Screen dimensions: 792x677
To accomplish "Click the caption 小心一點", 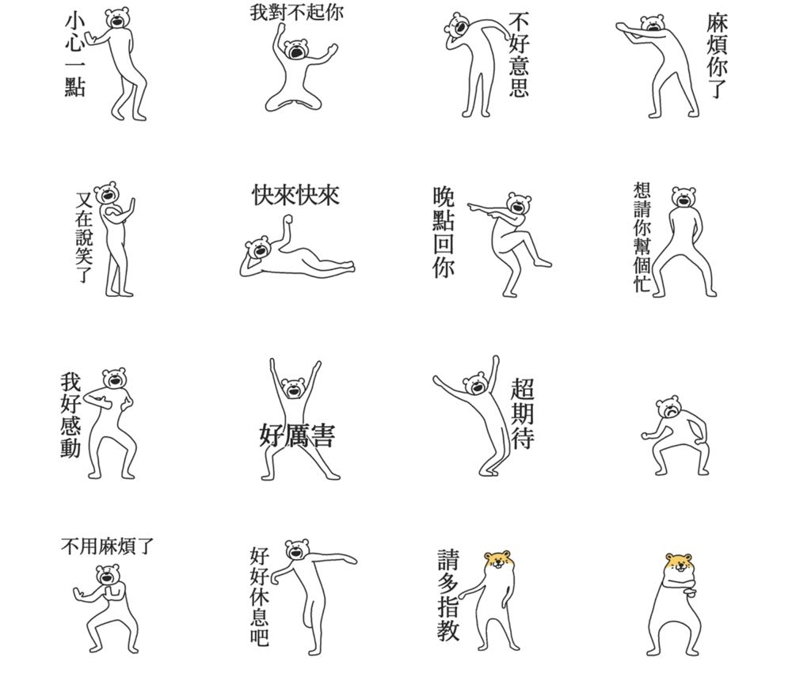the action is point(74,55).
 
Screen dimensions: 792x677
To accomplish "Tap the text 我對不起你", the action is point(296,12).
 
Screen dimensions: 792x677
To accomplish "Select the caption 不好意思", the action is point(519,55).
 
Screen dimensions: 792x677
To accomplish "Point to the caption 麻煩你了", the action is point(718,55).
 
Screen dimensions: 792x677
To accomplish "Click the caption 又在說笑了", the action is point(84,237).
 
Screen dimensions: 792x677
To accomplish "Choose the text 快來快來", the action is point(295,195).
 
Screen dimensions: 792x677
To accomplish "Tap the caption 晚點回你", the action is point(444,232).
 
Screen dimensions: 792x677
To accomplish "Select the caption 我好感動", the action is point(70,414).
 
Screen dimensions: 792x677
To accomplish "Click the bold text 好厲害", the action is point(297,435).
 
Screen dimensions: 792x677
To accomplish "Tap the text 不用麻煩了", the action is point(107,546).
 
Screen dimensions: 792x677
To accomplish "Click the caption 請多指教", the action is point(448,595).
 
